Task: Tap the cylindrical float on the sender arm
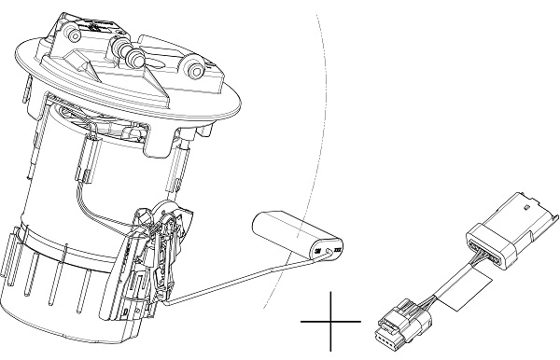click(291, 234)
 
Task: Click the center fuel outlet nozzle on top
click(132, 57)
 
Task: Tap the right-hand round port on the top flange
click(195, 67)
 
